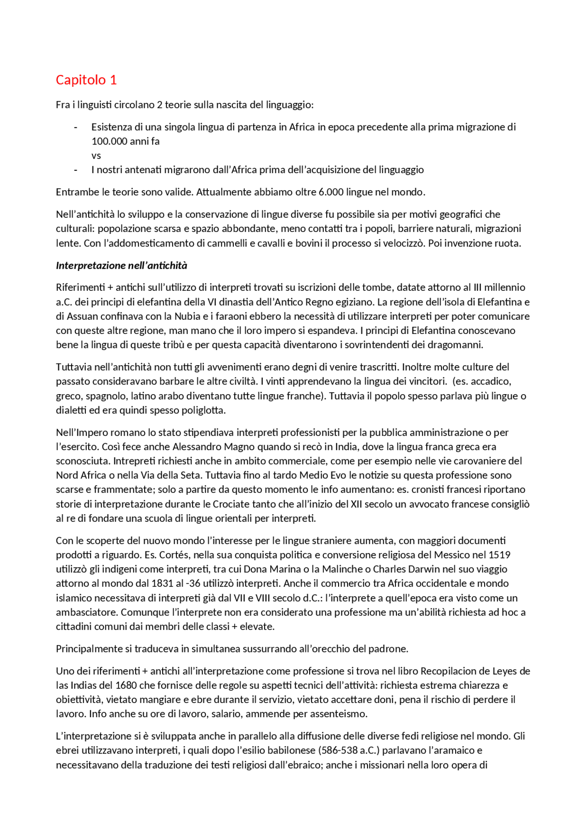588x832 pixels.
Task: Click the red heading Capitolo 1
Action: pos(86,80)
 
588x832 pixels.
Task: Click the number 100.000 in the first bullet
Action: pos(109,141)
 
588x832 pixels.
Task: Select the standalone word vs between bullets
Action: pos(96,155)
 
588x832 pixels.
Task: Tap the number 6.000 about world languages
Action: pos(331,192)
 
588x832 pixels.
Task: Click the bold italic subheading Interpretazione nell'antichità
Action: pos(122,265)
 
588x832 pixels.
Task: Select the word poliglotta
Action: pos(203,410)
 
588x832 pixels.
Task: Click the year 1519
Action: pos(499,555)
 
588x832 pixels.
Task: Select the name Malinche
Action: pos(342,569)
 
